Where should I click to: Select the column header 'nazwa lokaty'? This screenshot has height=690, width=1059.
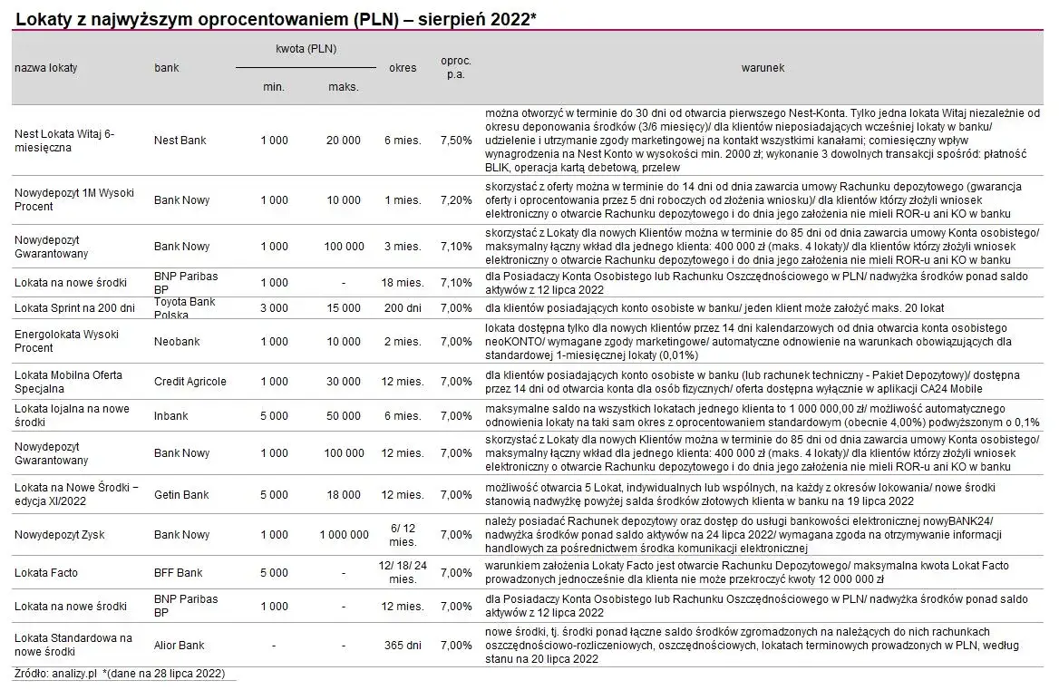click(45, 68)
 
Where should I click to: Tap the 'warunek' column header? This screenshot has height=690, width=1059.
click(762, 68)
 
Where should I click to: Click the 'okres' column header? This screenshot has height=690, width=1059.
click(403, 68)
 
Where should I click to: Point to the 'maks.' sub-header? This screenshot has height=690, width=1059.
click(344, 87)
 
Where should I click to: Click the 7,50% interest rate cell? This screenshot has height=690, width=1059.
click(456, 141)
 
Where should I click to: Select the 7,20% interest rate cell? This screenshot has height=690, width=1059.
click(456, 199)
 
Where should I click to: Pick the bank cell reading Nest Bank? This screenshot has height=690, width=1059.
click(180, 141)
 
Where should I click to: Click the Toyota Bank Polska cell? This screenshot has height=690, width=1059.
click(185, 308)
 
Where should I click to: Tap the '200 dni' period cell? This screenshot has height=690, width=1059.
click(403, 308)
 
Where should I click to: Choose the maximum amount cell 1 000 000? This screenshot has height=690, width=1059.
click(344, 535)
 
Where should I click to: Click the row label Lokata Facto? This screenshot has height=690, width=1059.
click(46, 573)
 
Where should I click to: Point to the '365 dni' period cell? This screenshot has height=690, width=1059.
click(403, 646)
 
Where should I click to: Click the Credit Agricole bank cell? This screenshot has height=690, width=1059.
click(190, 382)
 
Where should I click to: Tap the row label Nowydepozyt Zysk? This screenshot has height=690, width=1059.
click(60, 535)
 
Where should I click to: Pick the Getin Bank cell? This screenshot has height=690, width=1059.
click(181, 495)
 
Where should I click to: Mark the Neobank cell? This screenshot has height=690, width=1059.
click(177, 342)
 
